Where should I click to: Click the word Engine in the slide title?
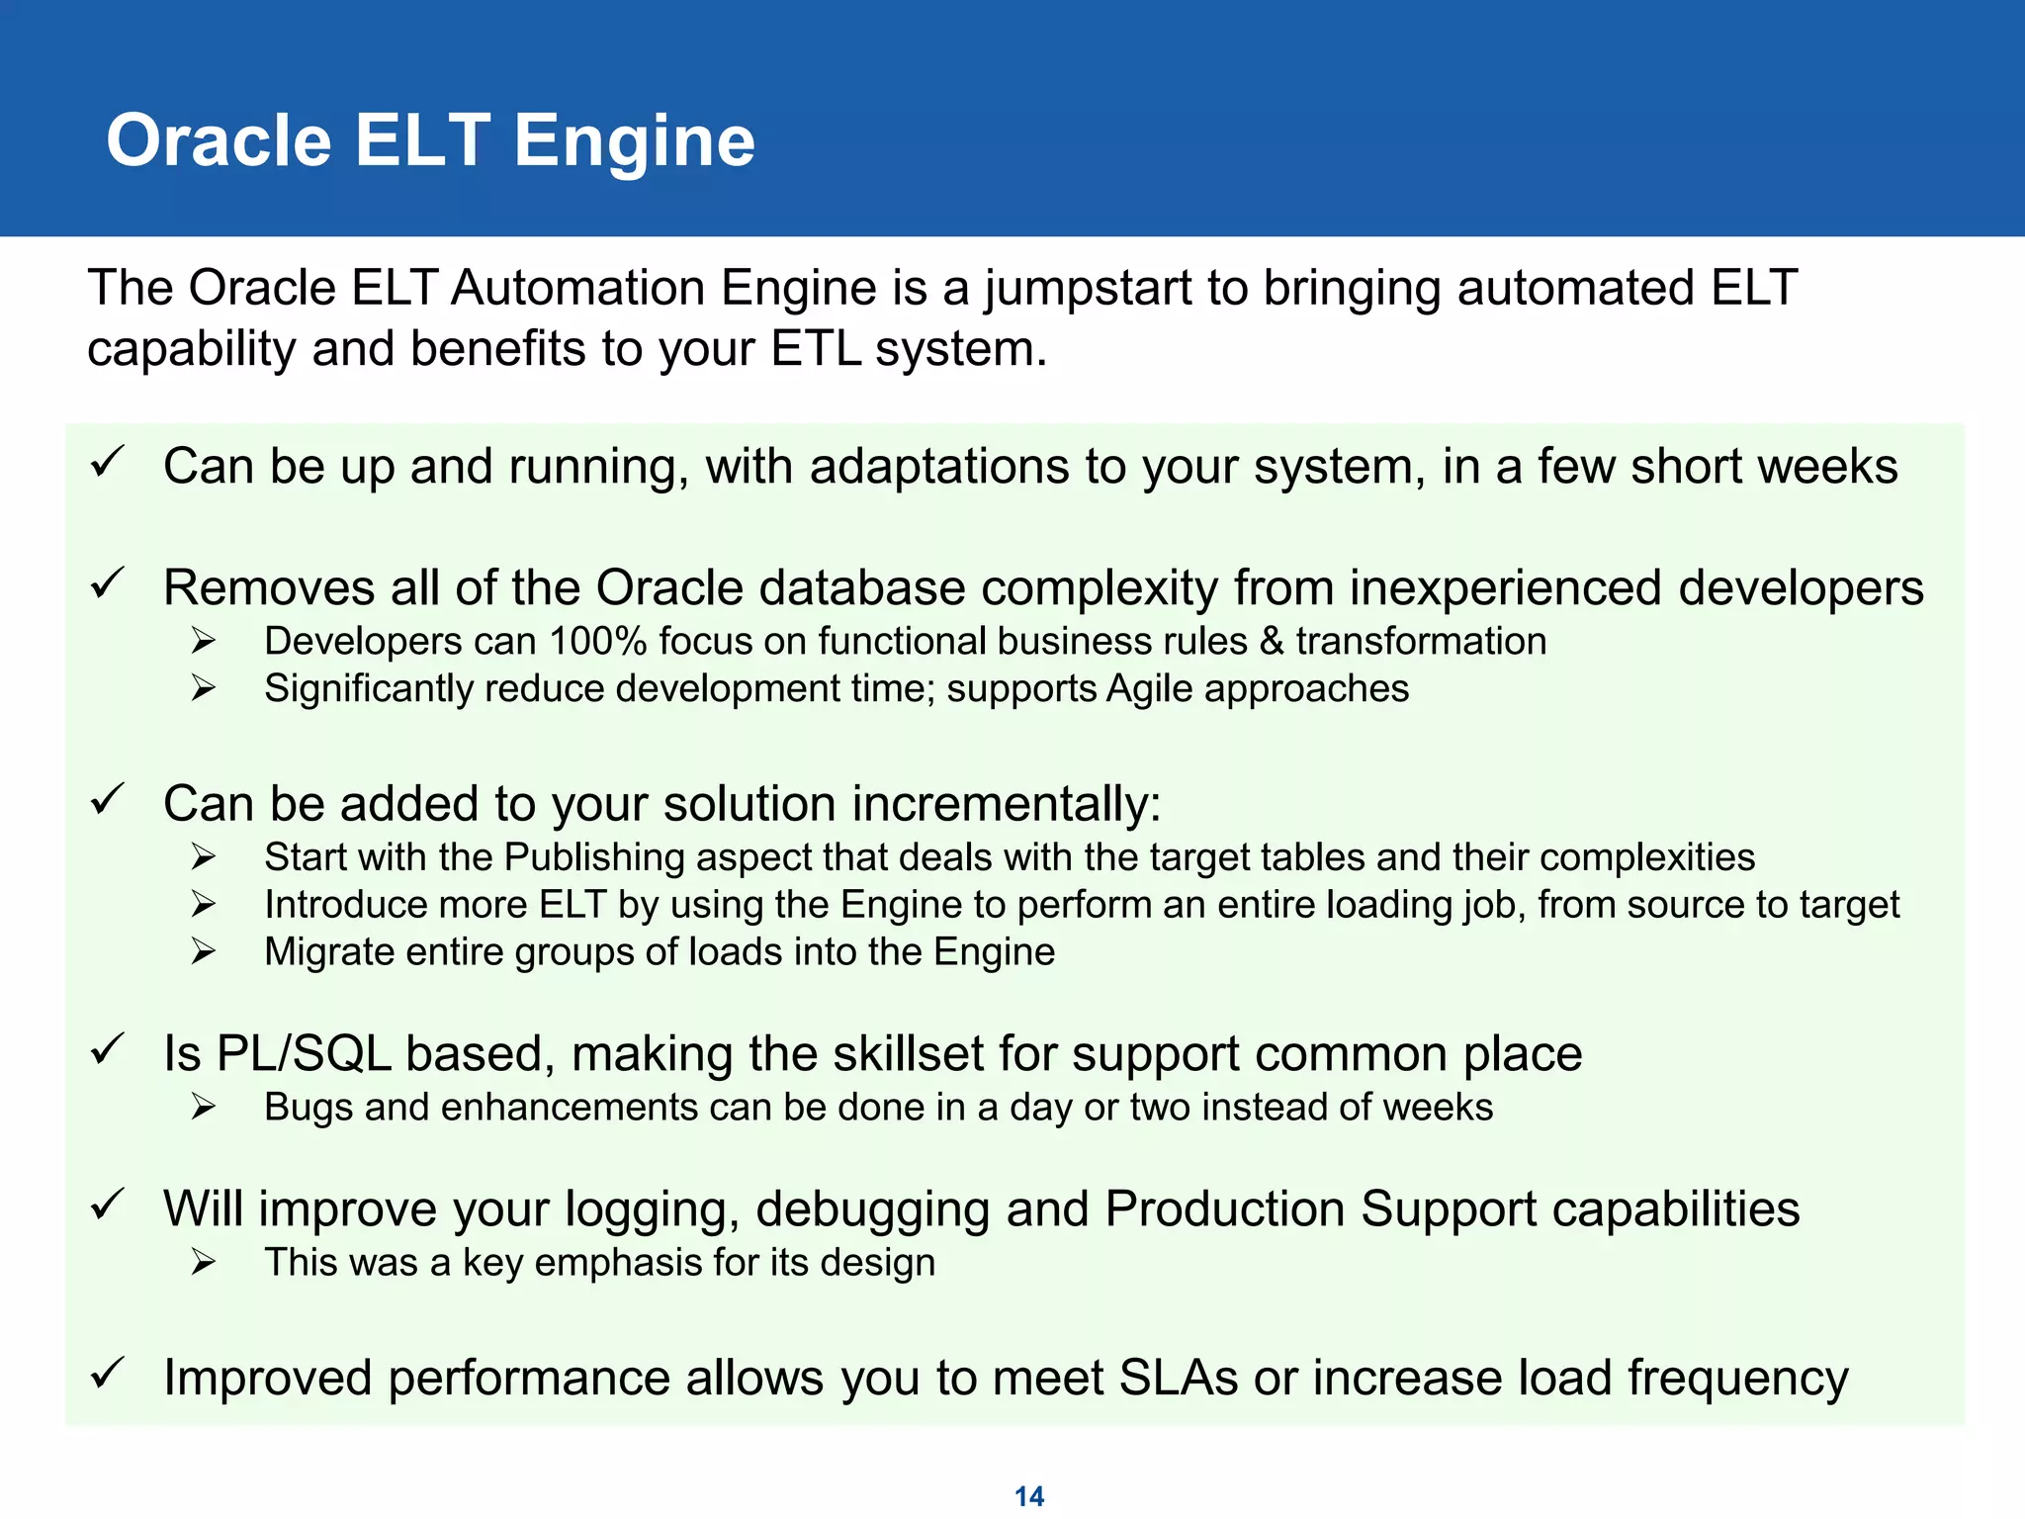(x=634, y=140)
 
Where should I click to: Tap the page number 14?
(x=1028, y=1496)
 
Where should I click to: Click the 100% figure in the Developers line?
(x=598, y=641)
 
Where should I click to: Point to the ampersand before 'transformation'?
(x=1272, y=641)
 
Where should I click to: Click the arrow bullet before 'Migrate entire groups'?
(x=204, y=951)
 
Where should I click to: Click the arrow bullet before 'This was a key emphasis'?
(x=204, y=1262)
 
